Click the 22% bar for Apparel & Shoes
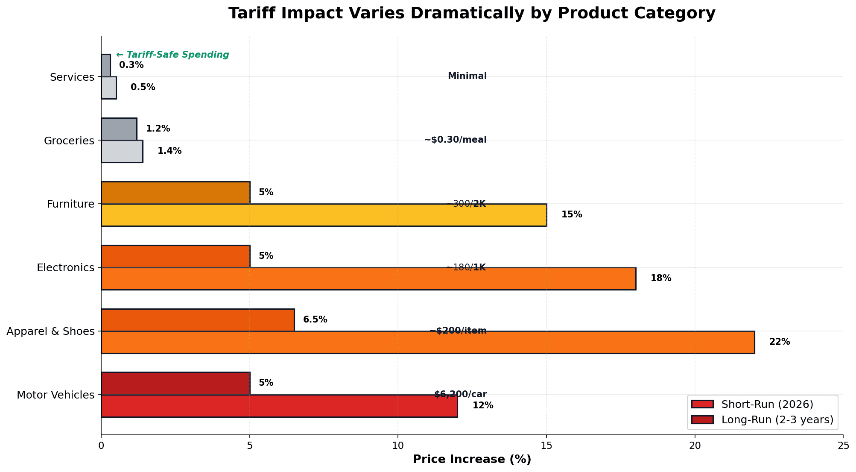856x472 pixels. click(427, 342)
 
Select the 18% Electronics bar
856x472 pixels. click(368, 279)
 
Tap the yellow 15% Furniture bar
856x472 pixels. click(324, 215)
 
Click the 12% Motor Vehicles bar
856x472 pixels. click(279, 406)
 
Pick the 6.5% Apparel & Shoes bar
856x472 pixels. click(197, 320)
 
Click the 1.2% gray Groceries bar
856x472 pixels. click(119, 129)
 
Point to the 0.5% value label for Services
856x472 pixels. click(143, 87)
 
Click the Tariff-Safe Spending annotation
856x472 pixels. click(172, 55)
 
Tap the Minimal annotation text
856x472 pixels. click(467, 76)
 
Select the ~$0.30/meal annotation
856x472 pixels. click(455, 140)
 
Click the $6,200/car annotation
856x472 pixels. click(460, 394)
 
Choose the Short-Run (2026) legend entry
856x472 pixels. click(767, 404)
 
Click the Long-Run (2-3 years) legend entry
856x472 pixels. click(777, 419)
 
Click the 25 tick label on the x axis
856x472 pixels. click(843, 446)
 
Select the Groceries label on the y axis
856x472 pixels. click(69, 141)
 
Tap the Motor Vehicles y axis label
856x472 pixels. click(55, 395)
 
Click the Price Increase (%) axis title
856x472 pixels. click(472, 459)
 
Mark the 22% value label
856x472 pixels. click(779, 342)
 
